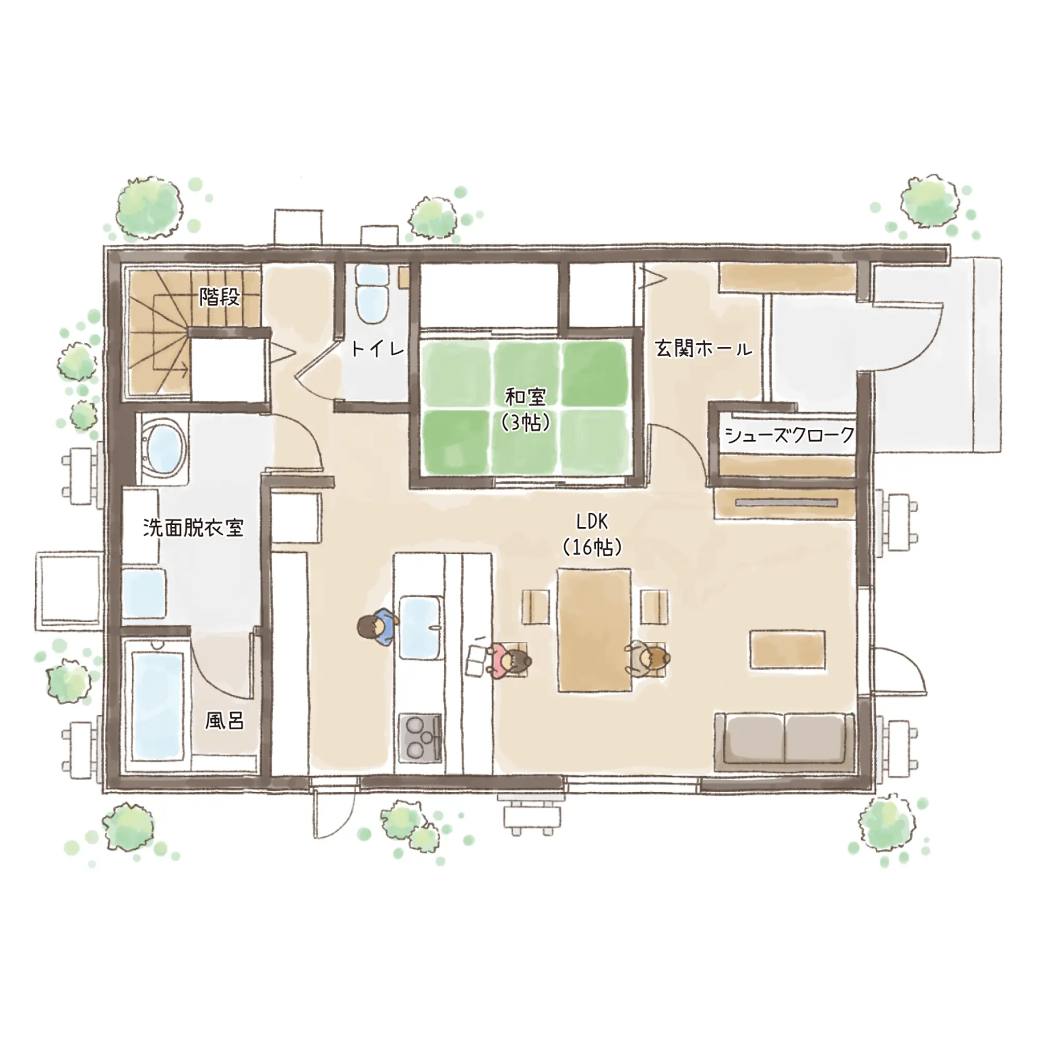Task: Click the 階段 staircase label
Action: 219,297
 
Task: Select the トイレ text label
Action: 377,349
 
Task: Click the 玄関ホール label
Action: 703,349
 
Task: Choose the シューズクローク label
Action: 790,435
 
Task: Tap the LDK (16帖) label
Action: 592,535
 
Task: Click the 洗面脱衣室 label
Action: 193,528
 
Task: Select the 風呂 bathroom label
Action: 225,721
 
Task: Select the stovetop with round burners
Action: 421,738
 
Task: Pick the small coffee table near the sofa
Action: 788,650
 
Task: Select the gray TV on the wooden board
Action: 787,503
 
